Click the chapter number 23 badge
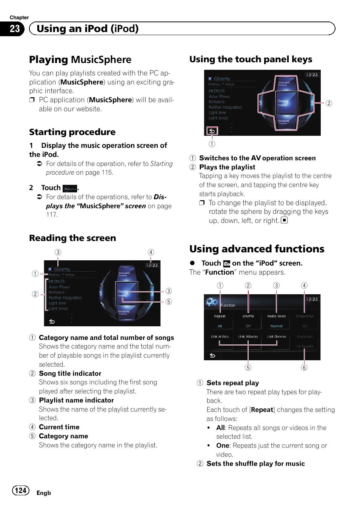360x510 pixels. [14, 29]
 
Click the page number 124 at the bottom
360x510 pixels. [21, 490]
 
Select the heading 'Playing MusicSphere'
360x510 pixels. [80, 60]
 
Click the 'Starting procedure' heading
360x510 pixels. [72, 132]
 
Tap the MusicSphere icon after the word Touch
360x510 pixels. [70, 189]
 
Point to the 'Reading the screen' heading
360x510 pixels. [72, 238]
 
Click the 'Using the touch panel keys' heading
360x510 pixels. [251, 59]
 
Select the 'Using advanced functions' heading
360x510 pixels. [257, 249]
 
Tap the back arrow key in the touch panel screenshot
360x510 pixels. [212, 131]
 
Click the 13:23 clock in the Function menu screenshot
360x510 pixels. [312, 299]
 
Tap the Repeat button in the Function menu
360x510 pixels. [220, 316]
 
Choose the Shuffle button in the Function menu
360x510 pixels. [248, 316]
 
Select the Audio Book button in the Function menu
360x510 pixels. [277, 316]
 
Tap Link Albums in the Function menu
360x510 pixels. [248, 336]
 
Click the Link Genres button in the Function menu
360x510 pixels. [277, 336]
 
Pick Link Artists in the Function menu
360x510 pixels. [220, 336]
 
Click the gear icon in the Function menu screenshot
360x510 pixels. [212, 301]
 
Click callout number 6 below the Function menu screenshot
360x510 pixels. [304, 368]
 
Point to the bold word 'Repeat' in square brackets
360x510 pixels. [262, 410]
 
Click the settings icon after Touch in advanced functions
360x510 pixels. [226, 264]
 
